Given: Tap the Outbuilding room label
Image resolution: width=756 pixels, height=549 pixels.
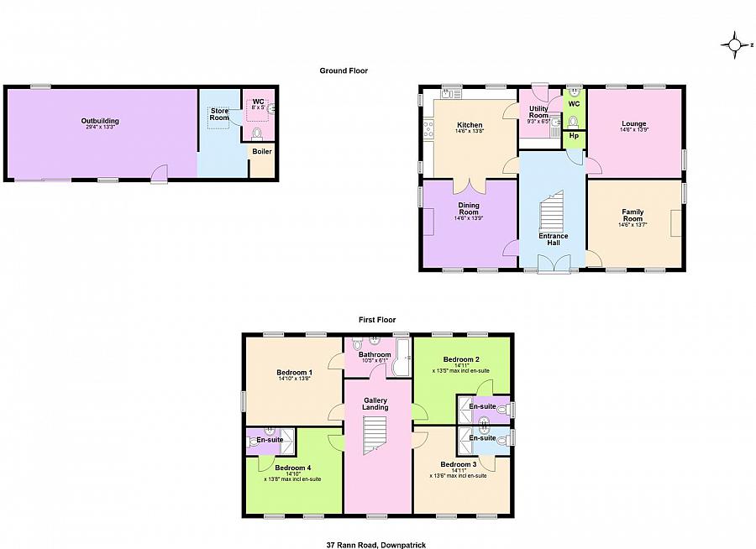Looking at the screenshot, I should click(x=100, y=121).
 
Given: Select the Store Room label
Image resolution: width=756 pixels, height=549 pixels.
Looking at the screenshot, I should click(x=219, y=114).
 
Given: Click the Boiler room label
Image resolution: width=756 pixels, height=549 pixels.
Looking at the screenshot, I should click(x=262, y=151).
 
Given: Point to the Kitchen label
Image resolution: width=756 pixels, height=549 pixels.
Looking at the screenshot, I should click(x=470, y=125).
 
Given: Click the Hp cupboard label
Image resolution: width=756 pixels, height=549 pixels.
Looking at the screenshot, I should click(x=574, y=135).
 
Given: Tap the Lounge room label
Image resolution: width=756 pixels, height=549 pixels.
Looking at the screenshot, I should click(x=633, y=124).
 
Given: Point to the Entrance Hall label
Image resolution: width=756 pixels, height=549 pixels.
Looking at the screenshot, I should click(x=553, y=240).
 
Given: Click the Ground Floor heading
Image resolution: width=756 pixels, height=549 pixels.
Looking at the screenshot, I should click(x=344, y=71).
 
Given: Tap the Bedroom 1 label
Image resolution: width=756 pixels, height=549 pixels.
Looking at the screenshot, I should click(x=294, y=373).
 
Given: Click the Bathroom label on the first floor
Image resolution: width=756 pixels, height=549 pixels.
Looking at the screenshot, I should click(x=375, y=354).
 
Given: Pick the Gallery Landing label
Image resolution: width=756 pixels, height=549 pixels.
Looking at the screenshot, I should click(x=375, y=404).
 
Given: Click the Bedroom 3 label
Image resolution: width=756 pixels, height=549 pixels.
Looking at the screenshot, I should click(x=458, y=464).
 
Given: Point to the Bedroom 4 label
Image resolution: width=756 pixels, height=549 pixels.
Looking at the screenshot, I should click(x=292, y=468).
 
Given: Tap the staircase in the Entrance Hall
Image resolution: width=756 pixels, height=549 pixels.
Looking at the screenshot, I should click(x=551, y=212).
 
